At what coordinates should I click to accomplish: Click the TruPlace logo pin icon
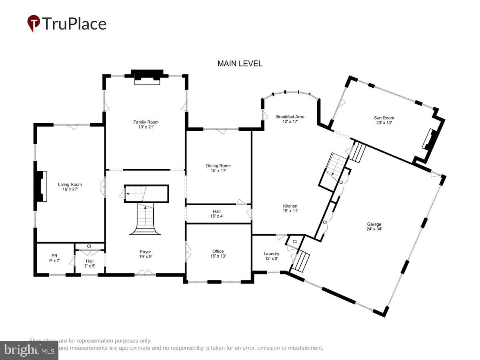pyautogui.click(x=34, y=23)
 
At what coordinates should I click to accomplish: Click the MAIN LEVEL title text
pyautogui.click(x=240, y=64)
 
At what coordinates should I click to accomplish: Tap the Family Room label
pyautogui.click(x=146, y=124)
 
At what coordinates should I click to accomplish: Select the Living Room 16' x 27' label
pyautogui.click(x=70, y=187)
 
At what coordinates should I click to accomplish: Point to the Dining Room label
pyautogui.click(x=218, y=168)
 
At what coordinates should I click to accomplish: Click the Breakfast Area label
pyautogui.click(x=290, y=119)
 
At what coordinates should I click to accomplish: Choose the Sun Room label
pyautogui.click(x=384, y=120)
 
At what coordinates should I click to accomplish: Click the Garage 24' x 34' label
pyautogui.click(x=374, y=227)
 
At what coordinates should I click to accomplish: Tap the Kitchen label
pyautogui.click(x=290, y=208)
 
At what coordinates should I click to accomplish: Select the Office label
pyautogui.click(x=218, y=254)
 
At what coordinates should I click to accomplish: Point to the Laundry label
pyautogui.click(x=271, y=256)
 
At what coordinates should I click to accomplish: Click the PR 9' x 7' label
pyautogui.click(x=54, y=258)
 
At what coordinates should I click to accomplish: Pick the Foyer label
pyautogui.click(x=145, y=254)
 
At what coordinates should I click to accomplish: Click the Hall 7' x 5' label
pyautogui.click(x=90, y=263)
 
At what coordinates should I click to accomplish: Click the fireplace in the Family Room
pyautogui.click(x=147, y=77)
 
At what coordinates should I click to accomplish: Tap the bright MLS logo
pyautogui.click(x=29, y=350)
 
